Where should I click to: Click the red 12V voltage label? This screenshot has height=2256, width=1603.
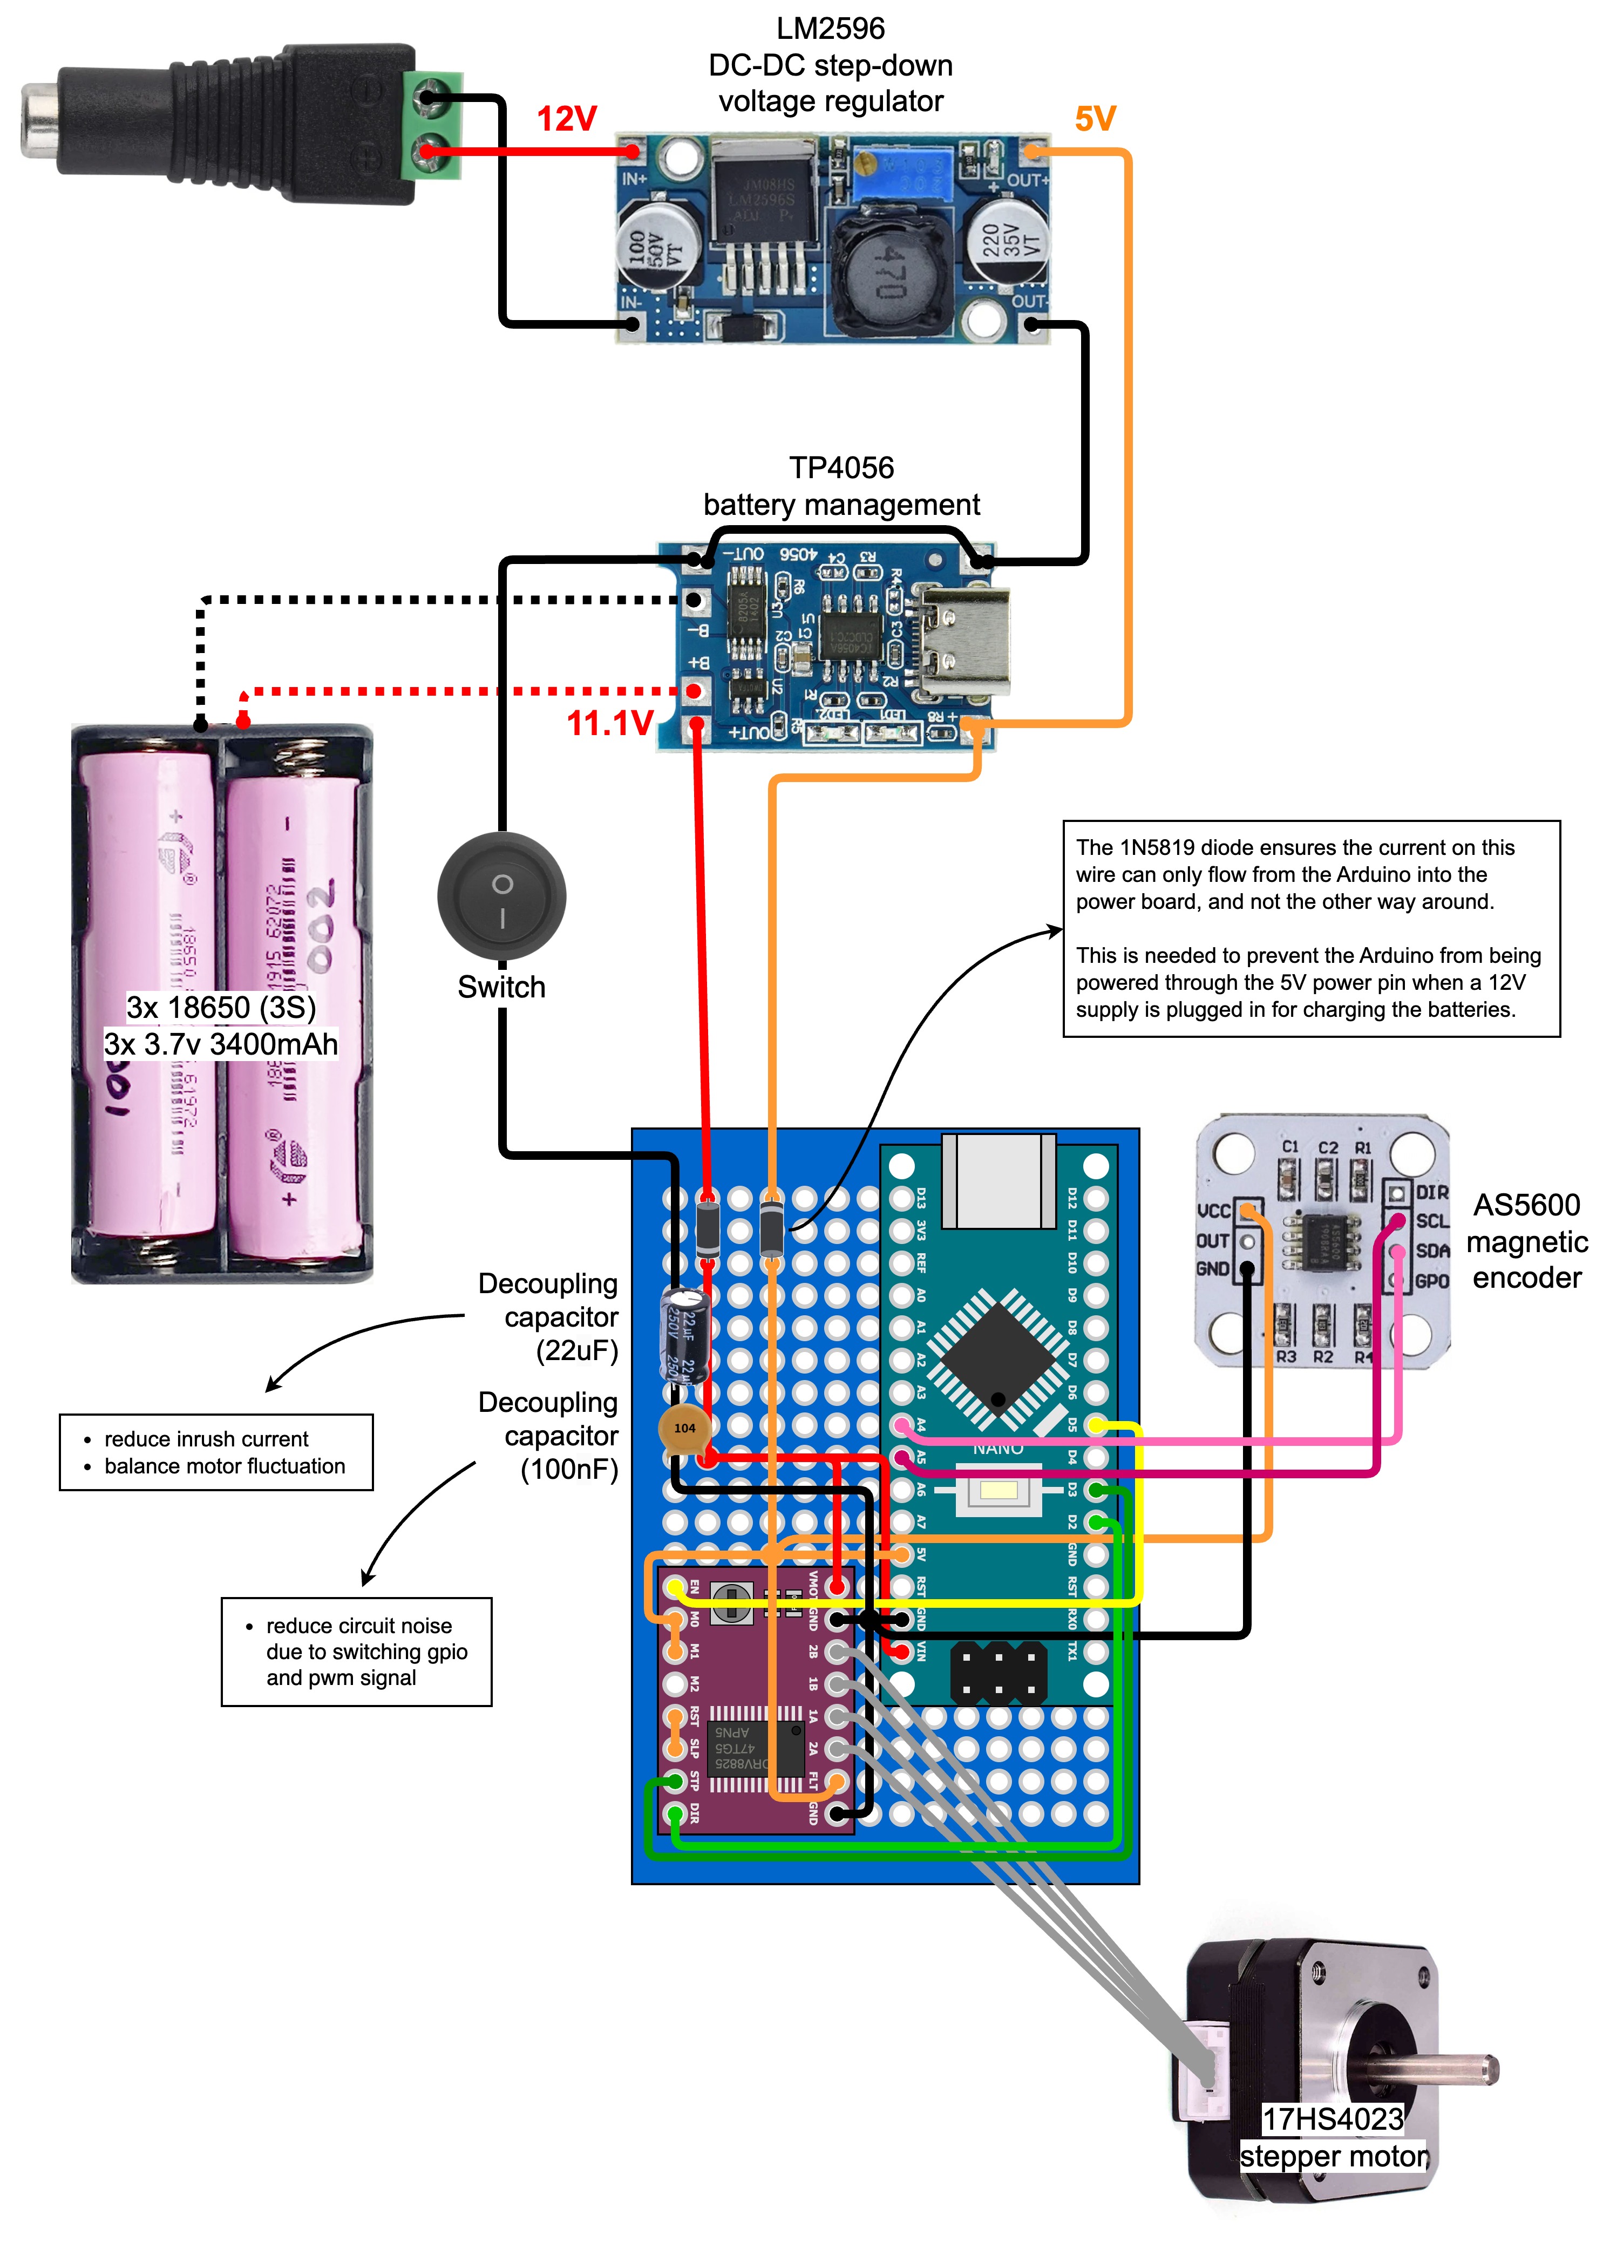click(567, 119)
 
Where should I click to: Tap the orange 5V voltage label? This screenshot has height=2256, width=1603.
click(1095, 119)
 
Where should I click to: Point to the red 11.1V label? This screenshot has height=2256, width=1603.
click(609, 723)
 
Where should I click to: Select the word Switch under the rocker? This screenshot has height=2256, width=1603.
click(501, 987)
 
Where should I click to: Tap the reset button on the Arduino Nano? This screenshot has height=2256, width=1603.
click(998, 1488)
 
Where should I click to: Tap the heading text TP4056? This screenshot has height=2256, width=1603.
click(841, 468)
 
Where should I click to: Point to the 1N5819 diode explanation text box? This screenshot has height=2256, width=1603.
click(1311, 928)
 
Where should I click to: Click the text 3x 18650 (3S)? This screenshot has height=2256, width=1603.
click(221, 1008)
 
